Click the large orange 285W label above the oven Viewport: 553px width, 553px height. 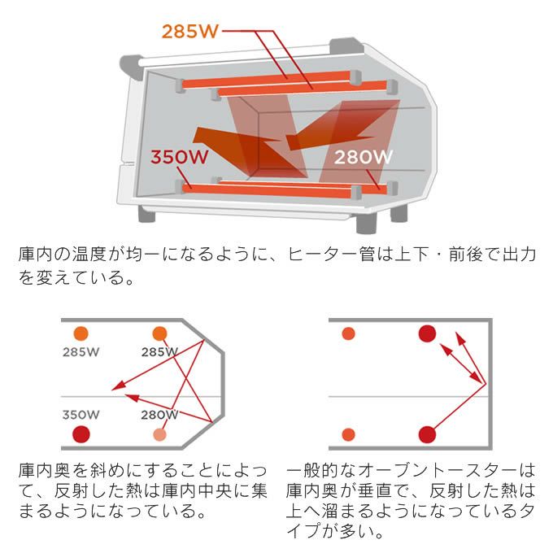click(189, 31)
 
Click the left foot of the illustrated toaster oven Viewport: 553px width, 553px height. click(147, 213)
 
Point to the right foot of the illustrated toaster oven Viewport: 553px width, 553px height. click(399, 213)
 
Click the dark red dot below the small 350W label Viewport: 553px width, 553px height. click(81, 434)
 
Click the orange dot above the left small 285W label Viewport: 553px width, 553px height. click(80, 333)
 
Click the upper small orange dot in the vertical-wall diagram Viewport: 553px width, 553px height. click(349, 333)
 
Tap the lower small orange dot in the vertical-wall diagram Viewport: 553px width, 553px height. click(349, 435)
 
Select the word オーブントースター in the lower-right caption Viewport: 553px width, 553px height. click(422, 471)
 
